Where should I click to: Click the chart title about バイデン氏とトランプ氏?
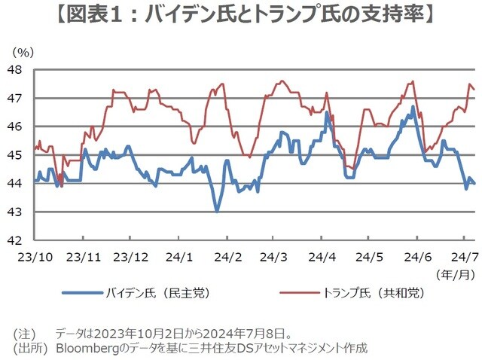[x=241, y=15]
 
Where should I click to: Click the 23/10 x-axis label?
[x=36, y=256]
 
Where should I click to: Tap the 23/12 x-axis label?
[x=133, y=256]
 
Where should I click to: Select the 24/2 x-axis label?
[x=228, y=256]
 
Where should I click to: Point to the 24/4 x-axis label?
[x=322, y=256]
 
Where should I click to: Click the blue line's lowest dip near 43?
[x=217, y=212]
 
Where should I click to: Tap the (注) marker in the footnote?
[x=24, y=332]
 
